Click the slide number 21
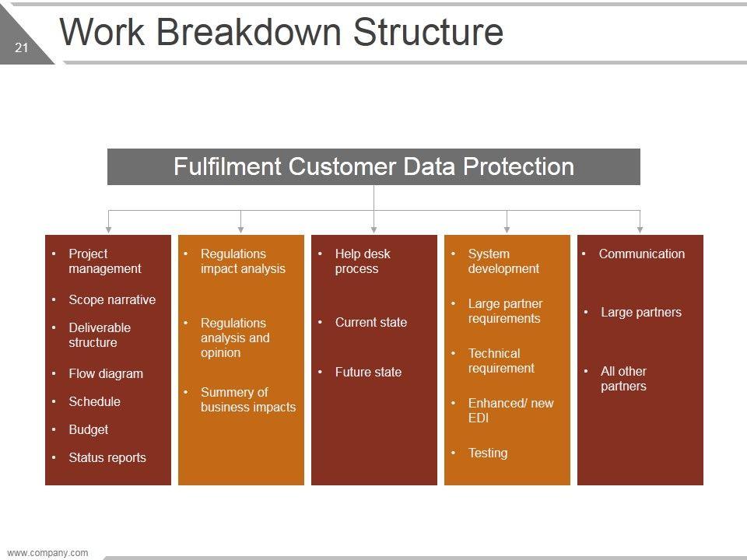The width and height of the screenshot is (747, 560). [21, 48]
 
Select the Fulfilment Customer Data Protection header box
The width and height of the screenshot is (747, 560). [373, 166]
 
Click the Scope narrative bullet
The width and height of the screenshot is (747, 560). [111, 299]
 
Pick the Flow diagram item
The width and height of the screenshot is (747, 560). [105, 373]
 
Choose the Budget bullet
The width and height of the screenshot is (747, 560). [88, 429]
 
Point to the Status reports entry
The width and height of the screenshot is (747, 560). [107, 457]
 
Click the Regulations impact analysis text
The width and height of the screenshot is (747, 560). [242, 261]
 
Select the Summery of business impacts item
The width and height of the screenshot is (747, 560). [247, 400]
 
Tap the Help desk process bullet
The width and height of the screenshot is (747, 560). [362, 261]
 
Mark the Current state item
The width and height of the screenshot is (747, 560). [370, 322]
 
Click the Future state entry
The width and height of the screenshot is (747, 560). [368, 372]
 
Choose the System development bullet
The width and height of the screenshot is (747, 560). [503, 261]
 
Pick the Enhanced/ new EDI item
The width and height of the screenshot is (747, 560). [510, 411]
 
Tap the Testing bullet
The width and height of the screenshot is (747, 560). [487, 453]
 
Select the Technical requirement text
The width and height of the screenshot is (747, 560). [501, 361]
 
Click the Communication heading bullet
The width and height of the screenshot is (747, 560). [641, 254]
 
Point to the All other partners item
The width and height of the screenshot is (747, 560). [623, 379]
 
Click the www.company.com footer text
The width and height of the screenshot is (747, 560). [47, 553]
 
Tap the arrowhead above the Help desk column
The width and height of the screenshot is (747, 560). [374, 229]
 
